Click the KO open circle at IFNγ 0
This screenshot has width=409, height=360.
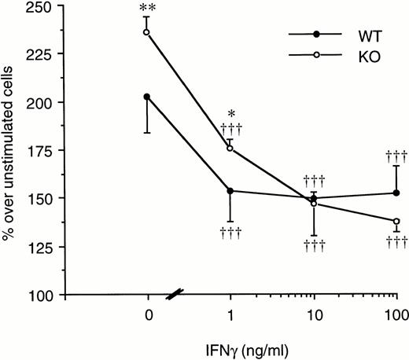tap(147, 32)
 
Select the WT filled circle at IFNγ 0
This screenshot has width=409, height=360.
tap(147, 97)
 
